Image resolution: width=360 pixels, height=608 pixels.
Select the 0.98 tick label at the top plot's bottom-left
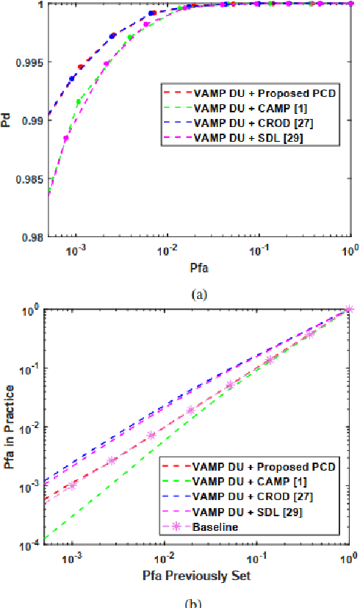30,237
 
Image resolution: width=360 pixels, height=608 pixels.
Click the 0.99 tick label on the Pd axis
30,120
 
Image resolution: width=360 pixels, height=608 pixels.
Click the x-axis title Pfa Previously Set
198,576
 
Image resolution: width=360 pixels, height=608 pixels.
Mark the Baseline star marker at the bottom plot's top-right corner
349,309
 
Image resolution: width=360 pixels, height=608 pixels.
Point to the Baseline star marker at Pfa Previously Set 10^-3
73,485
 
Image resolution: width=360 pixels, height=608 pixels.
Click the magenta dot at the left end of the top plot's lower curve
65,138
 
